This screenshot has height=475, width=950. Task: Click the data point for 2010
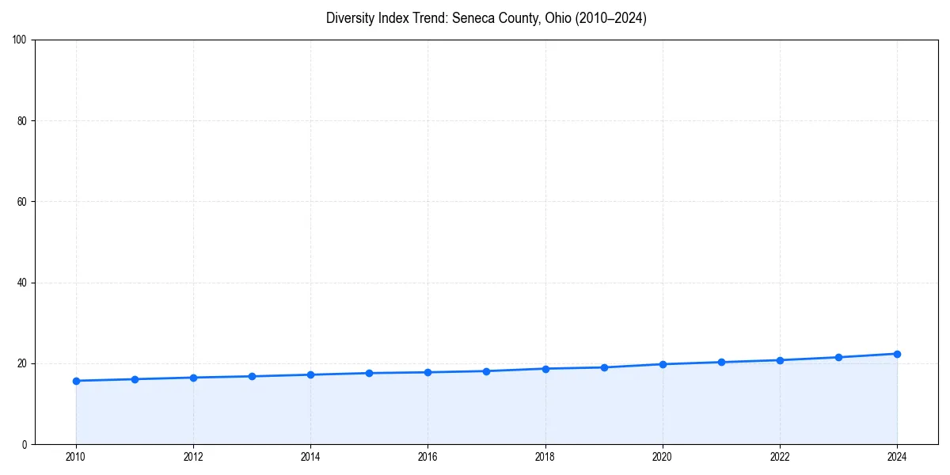click(76, 381)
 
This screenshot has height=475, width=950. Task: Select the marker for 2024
click(897, 354)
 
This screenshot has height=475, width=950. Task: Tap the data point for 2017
click(486, 371)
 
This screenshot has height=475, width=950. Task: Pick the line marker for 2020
click(663, 364)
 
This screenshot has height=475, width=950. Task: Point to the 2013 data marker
click(252, 376)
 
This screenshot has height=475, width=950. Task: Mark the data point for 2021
click(721, 362)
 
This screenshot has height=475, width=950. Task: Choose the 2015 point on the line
click(369, 373)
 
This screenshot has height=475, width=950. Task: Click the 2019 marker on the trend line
click(604, 367)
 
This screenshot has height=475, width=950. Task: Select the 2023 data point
click(838, 357)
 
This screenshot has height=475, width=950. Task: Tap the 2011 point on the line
click(135, 379)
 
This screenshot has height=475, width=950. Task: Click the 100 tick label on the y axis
click(20, 40)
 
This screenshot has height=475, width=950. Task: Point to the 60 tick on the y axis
click(22, 202)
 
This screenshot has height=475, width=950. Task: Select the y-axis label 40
click(22, 283)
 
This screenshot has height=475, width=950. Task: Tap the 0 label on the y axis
click(25, 444)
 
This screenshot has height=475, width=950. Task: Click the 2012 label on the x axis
click(193, 457)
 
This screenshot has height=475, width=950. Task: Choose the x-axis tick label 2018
click(545, 457)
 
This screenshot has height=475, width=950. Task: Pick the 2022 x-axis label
click(780, 457)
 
